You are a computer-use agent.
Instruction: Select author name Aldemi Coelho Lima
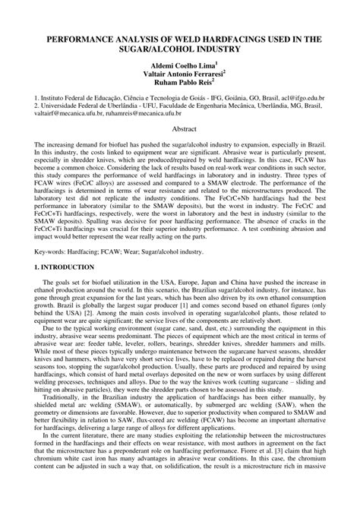(178, 67)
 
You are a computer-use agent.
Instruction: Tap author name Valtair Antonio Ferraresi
(178, 76)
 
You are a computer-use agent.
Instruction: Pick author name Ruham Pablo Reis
(178, 85)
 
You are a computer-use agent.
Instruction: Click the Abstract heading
(180, 131)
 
